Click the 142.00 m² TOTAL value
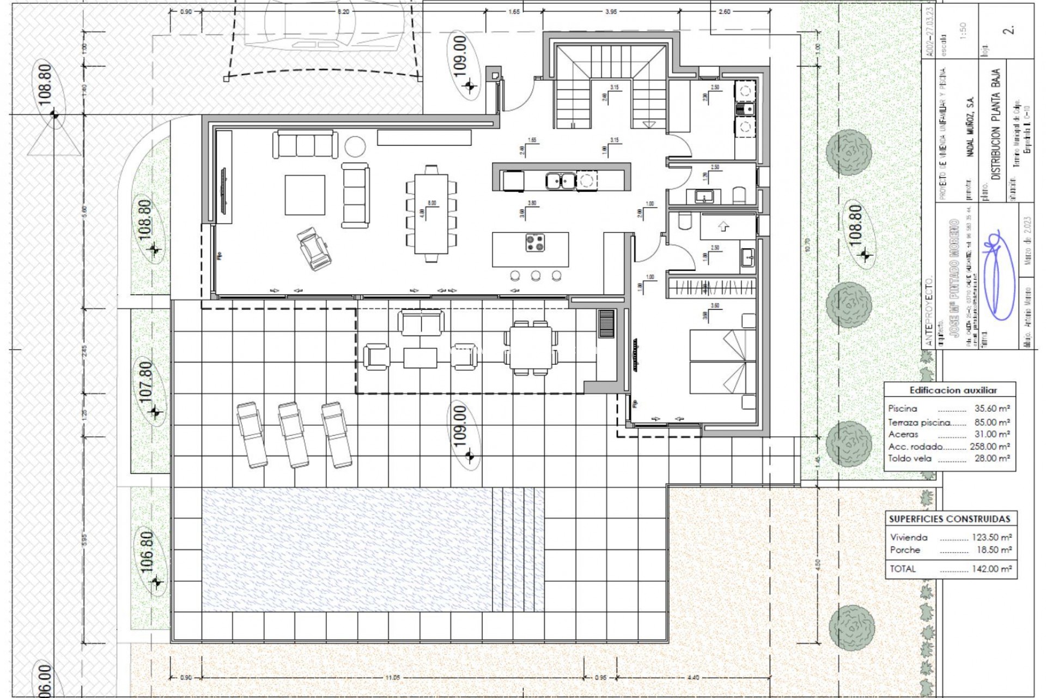[x=992, y=569]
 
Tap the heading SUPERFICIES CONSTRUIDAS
[x=950, y=519]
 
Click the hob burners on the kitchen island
[x=535, y=243]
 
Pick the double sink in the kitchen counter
[x=561, y=179]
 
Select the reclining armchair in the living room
[x=313, y=249]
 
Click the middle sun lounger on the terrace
[x=293, y=435]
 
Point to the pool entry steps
[x=518, y=549]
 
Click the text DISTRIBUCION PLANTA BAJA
[x=995, y=125]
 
